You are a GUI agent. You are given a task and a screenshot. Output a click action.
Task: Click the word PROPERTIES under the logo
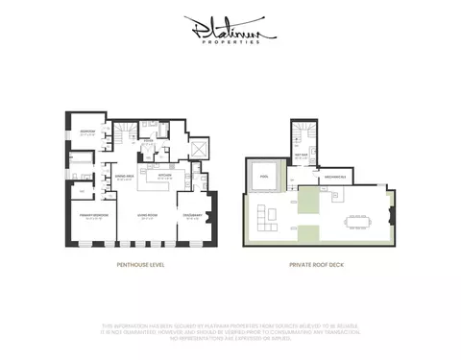click(x=230, y=43)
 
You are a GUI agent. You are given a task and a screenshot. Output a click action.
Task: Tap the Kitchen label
click(x=164, y=177)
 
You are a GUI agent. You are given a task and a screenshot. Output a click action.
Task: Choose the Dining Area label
click(x=124, y=177)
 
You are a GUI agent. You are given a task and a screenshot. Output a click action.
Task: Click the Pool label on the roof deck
click(x=264, y=176)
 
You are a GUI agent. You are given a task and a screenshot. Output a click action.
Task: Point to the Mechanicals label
click(x=335, y=177)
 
